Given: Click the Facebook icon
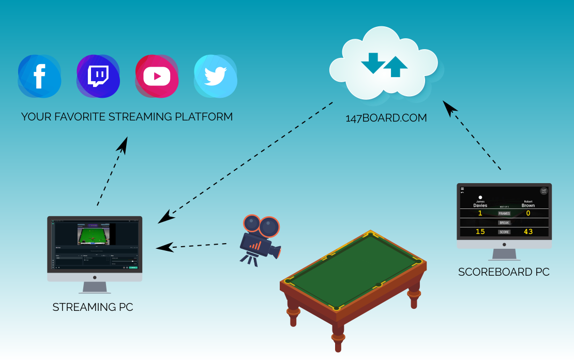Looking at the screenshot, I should pyautogui.click(x=39, y=77).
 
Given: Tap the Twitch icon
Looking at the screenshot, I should pyautogui.click(x=98, y=77).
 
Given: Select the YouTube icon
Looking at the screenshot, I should pyautogui.click(x=156, y=77).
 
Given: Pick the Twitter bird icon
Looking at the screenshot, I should pyautogui.click(x=215, y=77).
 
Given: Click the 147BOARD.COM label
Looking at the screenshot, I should pyautogui.click(x=386, y=118).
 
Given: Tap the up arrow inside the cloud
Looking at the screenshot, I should pyautogui.click(x=396, y=66).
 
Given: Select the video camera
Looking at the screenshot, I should pyautogui.click(x=261, y=239).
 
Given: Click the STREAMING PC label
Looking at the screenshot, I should pyautogui.click(x=93, y=307).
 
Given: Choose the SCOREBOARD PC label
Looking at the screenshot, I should pyautogui.click(x=504, y=272).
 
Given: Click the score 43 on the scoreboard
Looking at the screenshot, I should pyautogui.click(x=528, y=231).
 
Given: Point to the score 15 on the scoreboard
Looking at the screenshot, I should pyautogui.click(x=480, y=231).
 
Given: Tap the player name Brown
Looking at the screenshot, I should pyautogui.click(x=528, y=205).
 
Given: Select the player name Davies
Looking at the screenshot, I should pyautogui.click(x=480, y=205).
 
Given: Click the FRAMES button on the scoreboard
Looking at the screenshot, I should pyautogui.click(x=504, y=213).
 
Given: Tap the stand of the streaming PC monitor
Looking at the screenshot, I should pyautogui.click(x=95, y=288).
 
